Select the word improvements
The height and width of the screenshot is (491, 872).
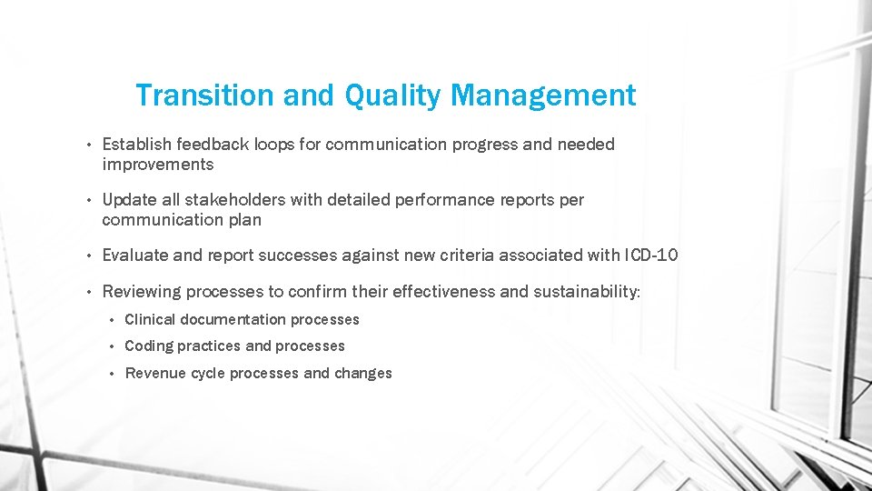[158, 165]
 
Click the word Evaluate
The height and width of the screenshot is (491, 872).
[134, 256]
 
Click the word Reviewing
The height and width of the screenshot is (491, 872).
[141, 292]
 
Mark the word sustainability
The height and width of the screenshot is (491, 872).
[586, 292]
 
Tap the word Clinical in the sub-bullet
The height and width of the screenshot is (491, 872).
[150, 319]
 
